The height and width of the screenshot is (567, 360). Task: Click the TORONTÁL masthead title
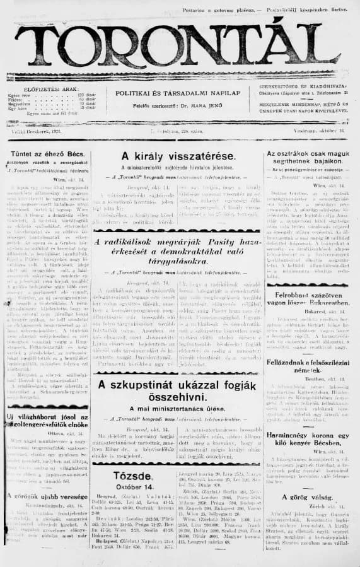180,44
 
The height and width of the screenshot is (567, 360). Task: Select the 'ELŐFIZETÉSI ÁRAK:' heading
46,89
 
